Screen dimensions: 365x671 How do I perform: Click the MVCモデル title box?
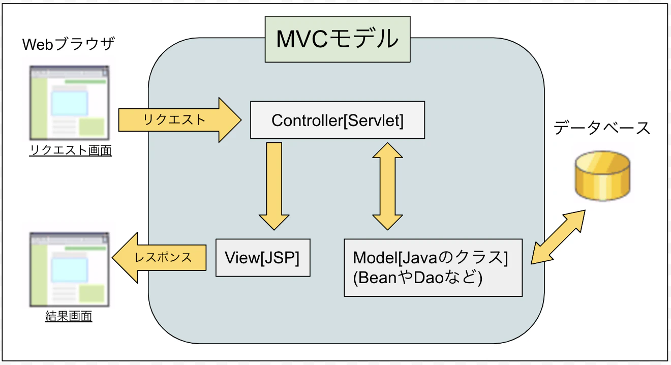tap(337, 40)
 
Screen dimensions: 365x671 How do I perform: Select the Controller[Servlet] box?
tap(337, 120)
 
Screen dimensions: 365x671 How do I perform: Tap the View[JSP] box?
tap(262, 258)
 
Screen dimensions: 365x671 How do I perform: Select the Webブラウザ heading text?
tap(69, 45)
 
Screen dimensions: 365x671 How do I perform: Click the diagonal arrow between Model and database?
tap(558, 236)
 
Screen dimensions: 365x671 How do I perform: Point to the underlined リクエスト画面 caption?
tap(70, 151)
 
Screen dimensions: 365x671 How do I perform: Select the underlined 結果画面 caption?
tap(69, 317)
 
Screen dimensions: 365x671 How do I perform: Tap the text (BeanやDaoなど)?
tap(417, 279)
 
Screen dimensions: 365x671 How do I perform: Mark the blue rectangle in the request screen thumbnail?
tap(70, 103)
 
